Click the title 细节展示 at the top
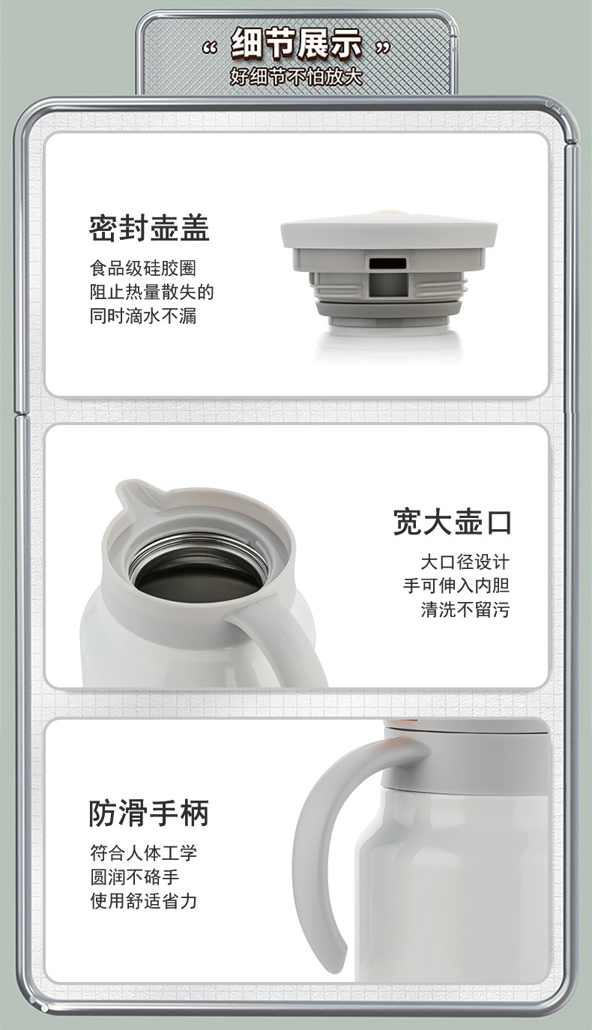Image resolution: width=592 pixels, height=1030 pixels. pyautogui.click(x=297, y=44)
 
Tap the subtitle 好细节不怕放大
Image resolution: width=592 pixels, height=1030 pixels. pyautogui.click(x=297, y=76)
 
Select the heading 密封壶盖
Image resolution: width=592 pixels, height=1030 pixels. pyautogui.click(x=149, y=228)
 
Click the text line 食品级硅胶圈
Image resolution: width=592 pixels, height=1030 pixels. pyautogui.click(x=143, y=268)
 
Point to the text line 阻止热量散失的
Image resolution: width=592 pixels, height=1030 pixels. pyautogui.click(x=152, y=292)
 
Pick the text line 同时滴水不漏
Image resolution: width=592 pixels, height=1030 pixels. pyautogui.click(x=143, y=316)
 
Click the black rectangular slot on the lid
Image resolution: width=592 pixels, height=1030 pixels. pyautogui.click(x=388, y=263)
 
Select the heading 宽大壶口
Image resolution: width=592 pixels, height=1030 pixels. pyautogui.click(x=453, y=522)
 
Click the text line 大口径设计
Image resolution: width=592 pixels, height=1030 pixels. pyautogui.click(x=465, y=562)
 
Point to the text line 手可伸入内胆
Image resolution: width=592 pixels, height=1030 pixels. pyautogui.click(x=456, y=585)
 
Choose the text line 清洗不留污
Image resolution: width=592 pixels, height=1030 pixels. pyautogui.click(x=465, y=609)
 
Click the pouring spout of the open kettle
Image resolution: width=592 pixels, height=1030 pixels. pyautogui.click(x=133, y=496)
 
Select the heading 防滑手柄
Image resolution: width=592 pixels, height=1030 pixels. pyautogui.click(x=149, y=813)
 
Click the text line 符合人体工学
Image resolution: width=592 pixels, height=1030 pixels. pyautogui.click(x=143, y=853)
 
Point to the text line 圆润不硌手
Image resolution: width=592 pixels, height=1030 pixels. pyautogui.click(x=135, y=877)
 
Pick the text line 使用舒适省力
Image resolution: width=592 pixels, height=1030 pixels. pyautogui.click(x=143, y=901)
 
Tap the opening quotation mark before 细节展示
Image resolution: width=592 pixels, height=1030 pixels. pyautogui.click(x=210, y=48)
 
